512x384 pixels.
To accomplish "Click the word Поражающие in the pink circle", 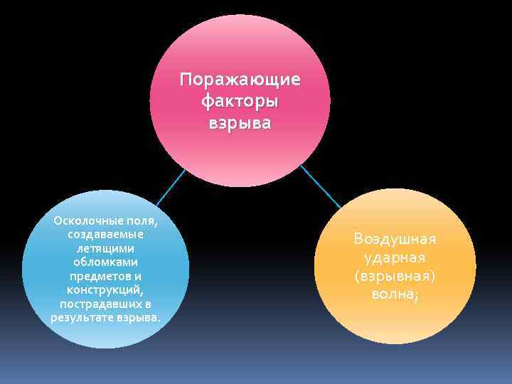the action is [x=240, y=78].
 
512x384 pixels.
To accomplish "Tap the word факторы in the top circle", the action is [x=240, y=101].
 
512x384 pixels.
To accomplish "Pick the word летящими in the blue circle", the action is [x=105, y=248].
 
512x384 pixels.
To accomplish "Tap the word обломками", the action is [x=105, y=262].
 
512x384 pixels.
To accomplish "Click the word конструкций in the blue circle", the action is [x=105, y=289].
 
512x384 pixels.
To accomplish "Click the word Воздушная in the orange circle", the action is [x=395, y=238].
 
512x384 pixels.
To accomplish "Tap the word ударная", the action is [x=395, y=257].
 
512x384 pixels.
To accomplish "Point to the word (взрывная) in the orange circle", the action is [x=395, y=275].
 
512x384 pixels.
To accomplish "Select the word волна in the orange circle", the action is [x=392, y=293].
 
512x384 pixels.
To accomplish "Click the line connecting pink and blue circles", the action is [x=170, y=188].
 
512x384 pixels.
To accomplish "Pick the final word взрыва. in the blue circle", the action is [x=139, y=316].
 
